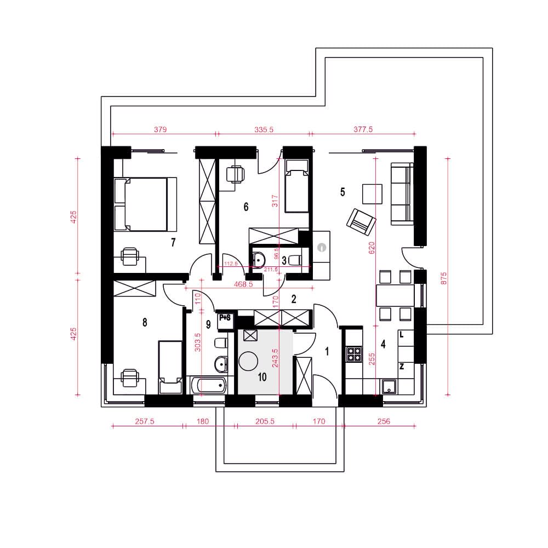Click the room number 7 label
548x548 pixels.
[173, 242]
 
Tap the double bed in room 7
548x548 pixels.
[145, 204]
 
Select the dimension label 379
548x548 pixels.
[161, 129]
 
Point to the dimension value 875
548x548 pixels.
[443, 278]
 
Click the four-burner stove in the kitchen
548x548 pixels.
[353, 353]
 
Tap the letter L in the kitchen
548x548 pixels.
[402, 334]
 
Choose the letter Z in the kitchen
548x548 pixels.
[402, 366]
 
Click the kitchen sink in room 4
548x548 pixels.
[389, 387]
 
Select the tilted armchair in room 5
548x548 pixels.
[361, 221]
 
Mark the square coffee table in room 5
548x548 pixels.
[372, 193]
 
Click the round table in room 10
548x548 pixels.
[248, 361]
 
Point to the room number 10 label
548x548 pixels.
[262, 377]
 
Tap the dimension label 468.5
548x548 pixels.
[243, 284]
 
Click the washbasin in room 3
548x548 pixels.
[259, 260]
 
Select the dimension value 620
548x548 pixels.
[372, 248]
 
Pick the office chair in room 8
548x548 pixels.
[129, 378]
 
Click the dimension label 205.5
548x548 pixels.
[265, 421]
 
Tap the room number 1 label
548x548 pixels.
[327, 351]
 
